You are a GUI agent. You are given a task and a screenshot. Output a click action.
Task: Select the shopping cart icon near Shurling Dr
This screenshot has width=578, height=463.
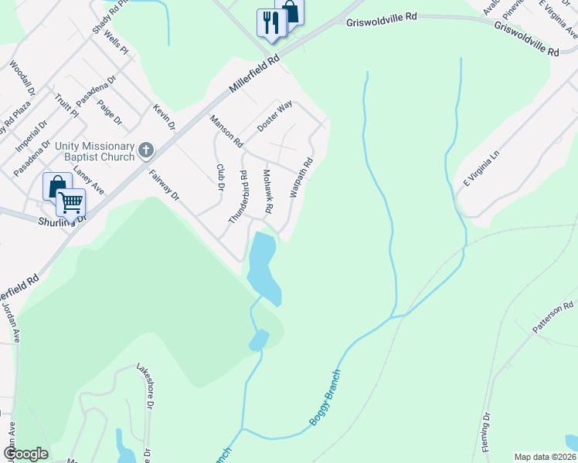[70, 202]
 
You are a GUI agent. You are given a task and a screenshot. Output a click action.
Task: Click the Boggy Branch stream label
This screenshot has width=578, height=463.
[325, 397]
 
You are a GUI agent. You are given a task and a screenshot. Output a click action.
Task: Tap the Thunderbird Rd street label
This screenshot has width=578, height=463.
[238, 197]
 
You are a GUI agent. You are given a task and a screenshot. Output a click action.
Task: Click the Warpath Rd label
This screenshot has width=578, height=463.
[301, 177]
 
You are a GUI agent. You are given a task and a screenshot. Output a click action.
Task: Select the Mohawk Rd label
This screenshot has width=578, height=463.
[268, 191]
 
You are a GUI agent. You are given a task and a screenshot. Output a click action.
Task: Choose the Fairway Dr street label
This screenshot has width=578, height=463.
[164, 185]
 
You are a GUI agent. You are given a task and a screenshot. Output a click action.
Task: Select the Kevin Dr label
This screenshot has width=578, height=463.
[165, 117]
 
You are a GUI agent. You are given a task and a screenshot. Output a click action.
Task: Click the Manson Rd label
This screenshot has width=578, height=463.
[226, 130]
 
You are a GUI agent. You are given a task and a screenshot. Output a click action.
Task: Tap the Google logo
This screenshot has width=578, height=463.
[25, 454]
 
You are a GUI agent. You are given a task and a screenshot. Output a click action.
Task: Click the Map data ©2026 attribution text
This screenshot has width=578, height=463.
[545, 457]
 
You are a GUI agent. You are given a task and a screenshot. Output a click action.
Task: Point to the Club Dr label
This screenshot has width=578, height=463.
[220, 177]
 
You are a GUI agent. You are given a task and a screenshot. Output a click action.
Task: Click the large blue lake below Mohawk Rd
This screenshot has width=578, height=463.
[262, 266]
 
